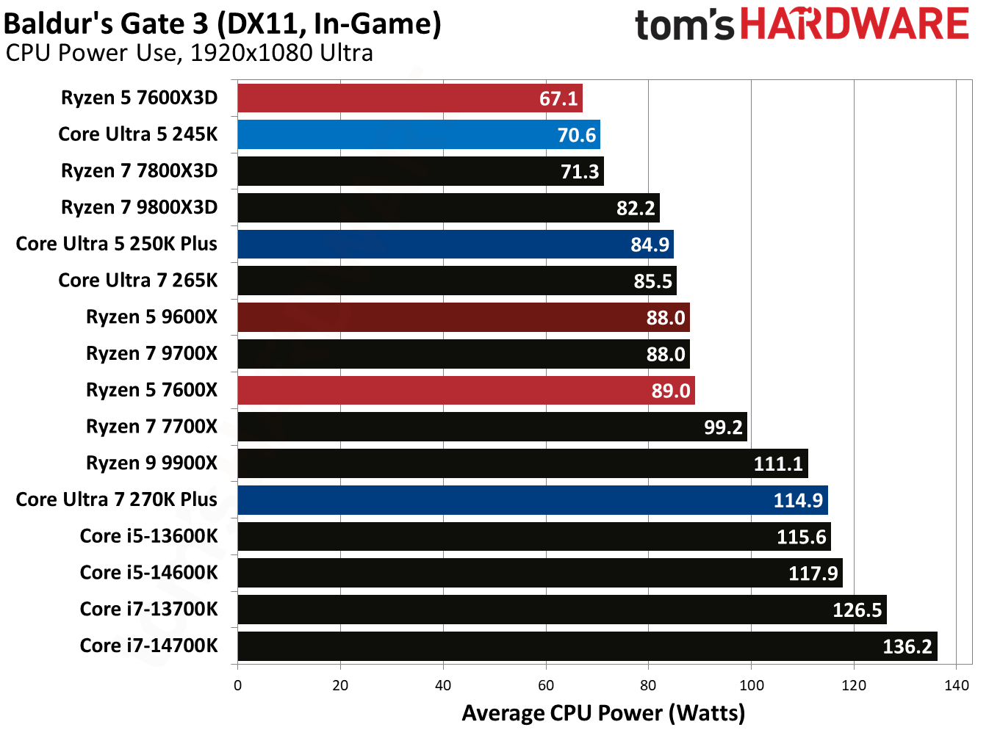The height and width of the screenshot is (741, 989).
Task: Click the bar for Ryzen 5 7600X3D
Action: pyautogui.click(x=409, y=98)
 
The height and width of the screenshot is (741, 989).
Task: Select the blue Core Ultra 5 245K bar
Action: pyautogui.click(x=418, y=134)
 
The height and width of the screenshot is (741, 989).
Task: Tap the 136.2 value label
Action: pyautogui.click(x=907, y=646)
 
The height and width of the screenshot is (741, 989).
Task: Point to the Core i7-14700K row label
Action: pyautogui.click(x=148, y=646)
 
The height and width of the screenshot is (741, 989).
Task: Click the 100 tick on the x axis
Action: pyautogui.click(x=751, y=685)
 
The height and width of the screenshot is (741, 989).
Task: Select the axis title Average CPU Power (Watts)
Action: pyautogui.click(x=603, y=713)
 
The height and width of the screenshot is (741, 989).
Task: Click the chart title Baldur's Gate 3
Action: pyautogui.click(x=222, y=24)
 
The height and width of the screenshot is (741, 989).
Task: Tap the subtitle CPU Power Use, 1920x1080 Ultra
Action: pyautogui.click(x=189, y=53)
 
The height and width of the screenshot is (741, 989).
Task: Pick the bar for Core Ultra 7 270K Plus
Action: pyautogui.click(x=532, y=500)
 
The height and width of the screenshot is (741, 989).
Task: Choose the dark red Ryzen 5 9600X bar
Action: pyautogui.click(x=463, y=317)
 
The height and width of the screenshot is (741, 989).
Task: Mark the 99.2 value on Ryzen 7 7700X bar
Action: pyautogui.click(x=723, y=427)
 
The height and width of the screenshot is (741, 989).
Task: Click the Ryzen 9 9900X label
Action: pyautogui.click(x=151, y=463)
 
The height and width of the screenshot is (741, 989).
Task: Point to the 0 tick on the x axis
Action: pyautogui.click(x=237, y=685)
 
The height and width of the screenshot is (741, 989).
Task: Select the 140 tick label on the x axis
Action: pyautogui.click(x=956, y=685)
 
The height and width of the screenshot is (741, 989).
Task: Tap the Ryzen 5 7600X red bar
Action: pyautogui.click(x=466, y=390)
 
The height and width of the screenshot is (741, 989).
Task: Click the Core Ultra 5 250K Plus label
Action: pyautogui.click(x=116, y=244)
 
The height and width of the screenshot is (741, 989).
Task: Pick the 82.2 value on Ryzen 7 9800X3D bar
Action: pyautogui.click(x=635, y=208)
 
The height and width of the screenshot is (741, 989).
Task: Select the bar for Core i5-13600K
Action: pyautogui.click(x=533, y=536)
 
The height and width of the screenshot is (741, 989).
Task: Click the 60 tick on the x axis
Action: pyautogui.click(x=546, y=685)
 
